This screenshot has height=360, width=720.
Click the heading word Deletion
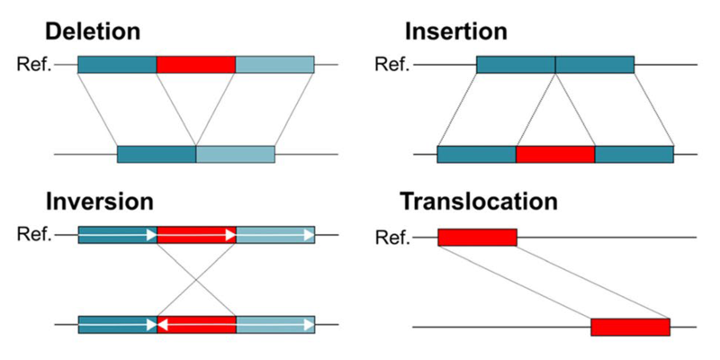point(93,31)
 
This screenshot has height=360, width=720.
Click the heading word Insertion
point(455,31)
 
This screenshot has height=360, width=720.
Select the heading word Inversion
point(99,201)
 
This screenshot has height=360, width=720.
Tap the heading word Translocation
point(480,201)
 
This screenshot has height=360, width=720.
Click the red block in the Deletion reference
point(196,65)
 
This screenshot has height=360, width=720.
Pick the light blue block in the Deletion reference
point(274,65)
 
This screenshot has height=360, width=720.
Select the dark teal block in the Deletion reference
point(117,65)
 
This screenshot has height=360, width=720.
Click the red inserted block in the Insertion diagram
point(555,155)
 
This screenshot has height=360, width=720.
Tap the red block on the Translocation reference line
point(478,237)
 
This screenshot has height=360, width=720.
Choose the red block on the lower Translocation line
point(630,327)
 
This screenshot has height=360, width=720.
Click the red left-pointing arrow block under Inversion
point(196,324)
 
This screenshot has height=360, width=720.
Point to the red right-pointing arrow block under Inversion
point(196,235)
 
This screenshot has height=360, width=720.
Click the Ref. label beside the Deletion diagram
point(35,65)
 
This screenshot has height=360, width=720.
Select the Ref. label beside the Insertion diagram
point(390,65)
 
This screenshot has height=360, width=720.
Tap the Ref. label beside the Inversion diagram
point(35,235)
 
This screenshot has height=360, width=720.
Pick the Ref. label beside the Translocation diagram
point(391,238)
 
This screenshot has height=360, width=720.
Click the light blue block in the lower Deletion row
point(235,155)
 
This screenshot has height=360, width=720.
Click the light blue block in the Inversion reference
point(274,235)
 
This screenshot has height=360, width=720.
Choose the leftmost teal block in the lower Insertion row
point(476,155)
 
